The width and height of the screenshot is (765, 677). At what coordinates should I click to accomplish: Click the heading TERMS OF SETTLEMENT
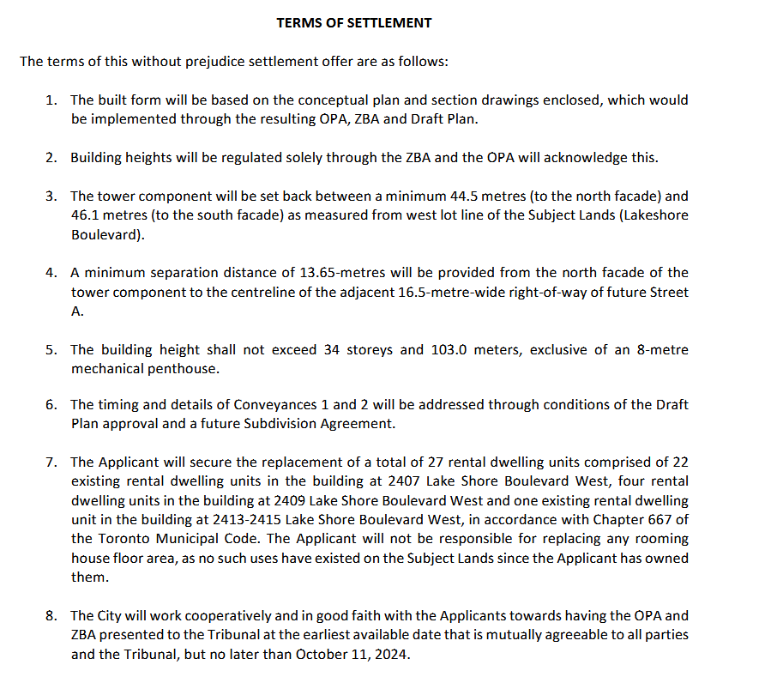[x=354, y=23]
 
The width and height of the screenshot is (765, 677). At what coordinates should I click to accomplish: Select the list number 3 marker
[x=51, y=196]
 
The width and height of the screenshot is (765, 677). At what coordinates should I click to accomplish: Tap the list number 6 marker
[x=51, y=405]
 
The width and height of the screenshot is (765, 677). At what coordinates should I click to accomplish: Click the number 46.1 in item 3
[x=86, y=215]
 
